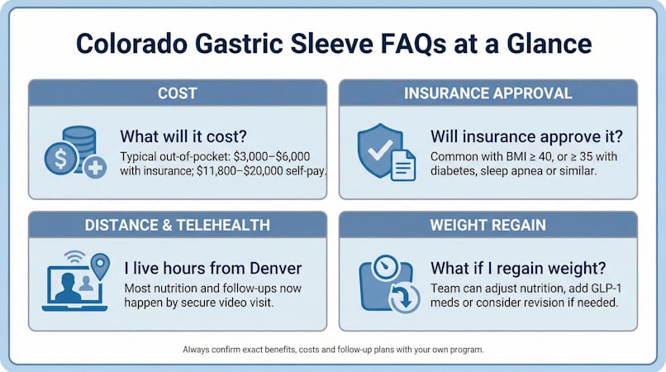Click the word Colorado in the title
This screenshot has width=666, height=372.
131,43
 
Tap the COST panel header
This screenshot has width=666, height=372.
178,93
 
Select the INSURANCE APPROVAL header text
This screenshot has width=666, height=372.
488,93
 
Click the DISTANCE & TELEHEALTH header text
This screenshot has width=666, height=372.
177,225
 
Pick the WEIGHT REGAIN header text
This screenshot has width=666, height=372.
488,225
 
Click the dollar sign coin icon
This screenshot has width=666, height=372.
61,159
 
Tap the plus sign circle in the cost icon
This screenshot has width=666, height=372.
95,167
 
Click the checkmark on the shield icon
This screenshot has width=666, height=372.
380,150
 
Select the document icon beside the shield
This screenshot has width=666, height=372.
403,166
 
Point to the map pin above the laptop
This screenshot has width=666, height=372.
100,266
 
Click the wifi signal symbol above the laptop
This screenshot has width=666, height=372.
74,257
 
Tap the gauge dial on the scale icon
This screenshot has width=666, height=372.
385,268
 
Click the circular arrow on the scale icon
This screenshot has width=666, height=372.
404,298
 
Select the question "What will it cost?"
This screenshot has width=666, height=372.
183,136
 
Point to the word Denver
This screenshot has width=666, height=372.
276,269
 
